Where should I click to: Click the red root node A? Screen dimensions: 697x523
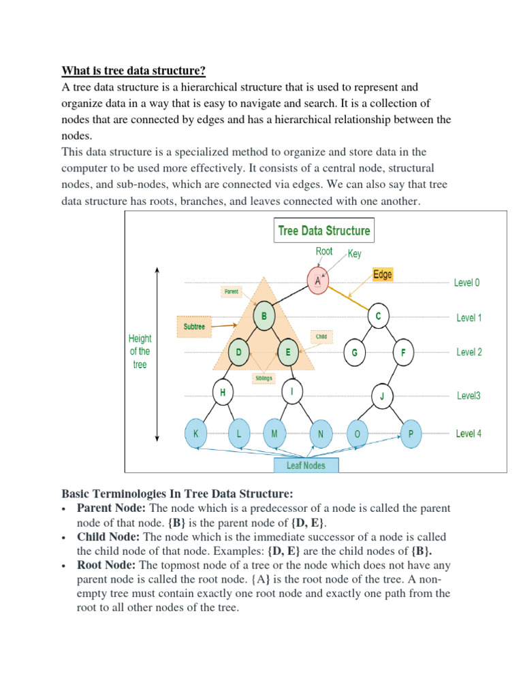(x=318, y=280)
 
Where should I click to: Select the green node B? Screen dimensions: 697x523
(x=264, y=316)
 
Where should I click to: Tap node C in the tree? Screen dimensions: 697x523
(x=378, y=316)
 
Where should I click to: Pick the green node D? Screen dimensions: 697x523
(x=238, y=352)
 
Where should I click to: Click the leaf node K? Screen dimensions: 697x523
(x=197, y=434)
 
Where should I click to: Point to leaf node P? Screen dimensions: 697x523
(x=411, y=434)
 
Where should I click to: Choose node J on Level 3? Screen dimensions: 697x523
(x=383, y=395)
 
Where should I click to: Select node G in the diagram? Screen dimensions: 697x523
(x=354, y=353)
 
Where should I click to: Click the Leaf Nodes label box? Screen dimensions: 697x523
(x=306, y=466)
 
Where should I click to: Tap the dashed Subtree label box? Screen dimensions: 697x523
(x=194, y=327)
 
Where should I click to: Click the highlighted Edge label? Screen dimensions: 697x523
(x=383, y=274)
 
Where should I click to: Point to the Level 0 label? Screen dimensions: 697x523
(x=467, y=282)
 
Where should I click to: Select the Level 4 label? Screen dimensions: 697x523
(x=469, y=434)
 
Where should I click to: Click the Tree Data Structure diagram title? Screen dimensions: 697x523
(x=324, y=231)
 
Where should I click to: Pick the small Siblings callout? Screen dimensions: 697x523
(x=264, y=376)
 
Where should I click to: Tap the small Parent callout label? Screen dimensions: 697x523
(x=232, y=292)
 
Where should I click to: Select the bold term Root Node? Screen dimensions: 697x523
(x=107, y=566)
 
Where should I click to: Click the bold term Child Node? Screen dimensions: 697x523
(x=109, y=537)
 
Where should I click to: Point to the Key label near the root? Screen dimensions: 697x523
(x=354, y=254)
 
